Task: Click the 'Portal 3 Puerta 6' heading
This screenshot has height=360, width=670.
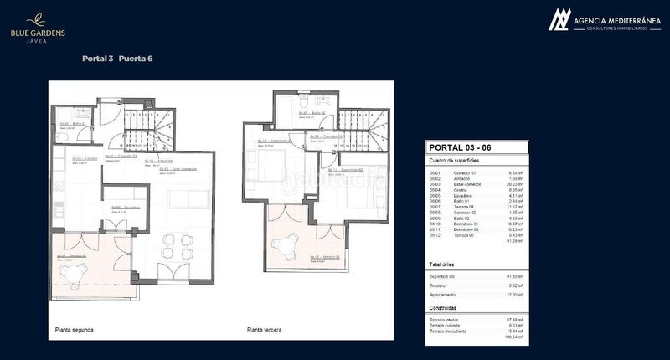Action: tap(116, 59)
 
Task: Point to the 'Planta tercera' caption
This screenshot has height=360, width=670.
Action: tap(265, 330)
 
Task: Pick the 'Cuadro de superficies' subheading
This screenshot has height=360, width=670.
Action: tap(453, 160)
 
